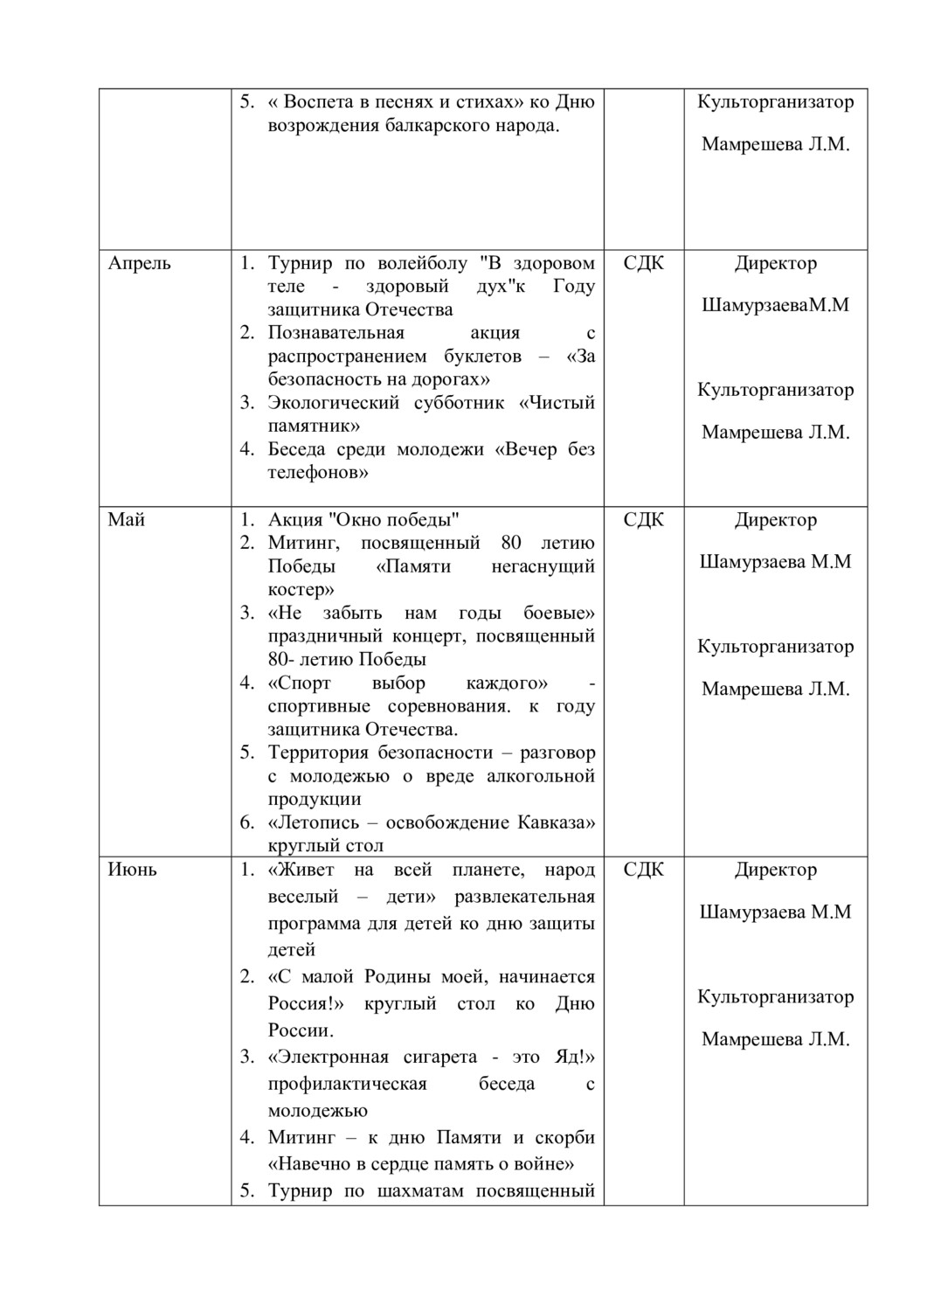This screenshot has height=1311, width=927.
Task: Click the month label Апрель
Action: tap(139, 263)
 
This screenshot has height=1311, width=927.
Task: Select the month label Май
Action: tap(127, 520)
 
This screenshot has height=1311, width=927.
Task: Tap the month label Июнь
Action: tap(133, 870)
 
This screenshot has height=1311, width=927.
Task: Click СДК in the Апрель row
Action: tap(644, 263)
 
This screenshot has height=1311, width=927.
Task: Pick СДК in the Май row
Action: tap(644, 520)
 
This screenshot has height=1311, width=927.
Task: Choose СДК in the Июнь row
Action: tap(644, 870)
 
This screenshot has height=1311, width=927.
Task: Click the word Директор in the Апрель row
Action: tap(776, 263)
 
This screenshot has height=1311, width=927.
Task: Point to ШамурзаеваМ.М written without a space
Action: tap(776, 306)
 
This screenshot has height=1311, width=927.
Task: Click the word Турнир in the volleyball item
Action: tap(301, 263)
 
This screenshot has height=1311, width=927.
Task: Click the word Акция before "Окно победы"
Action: tap(295, 520)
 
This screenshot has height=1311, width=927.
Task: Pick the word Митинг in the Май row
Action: tap(300, 543)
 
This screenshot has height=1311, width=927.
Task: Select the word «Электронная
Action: tap(329, 1058)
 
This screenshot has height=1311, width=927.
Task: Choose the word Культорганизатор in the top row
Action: tap(776, 101)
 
